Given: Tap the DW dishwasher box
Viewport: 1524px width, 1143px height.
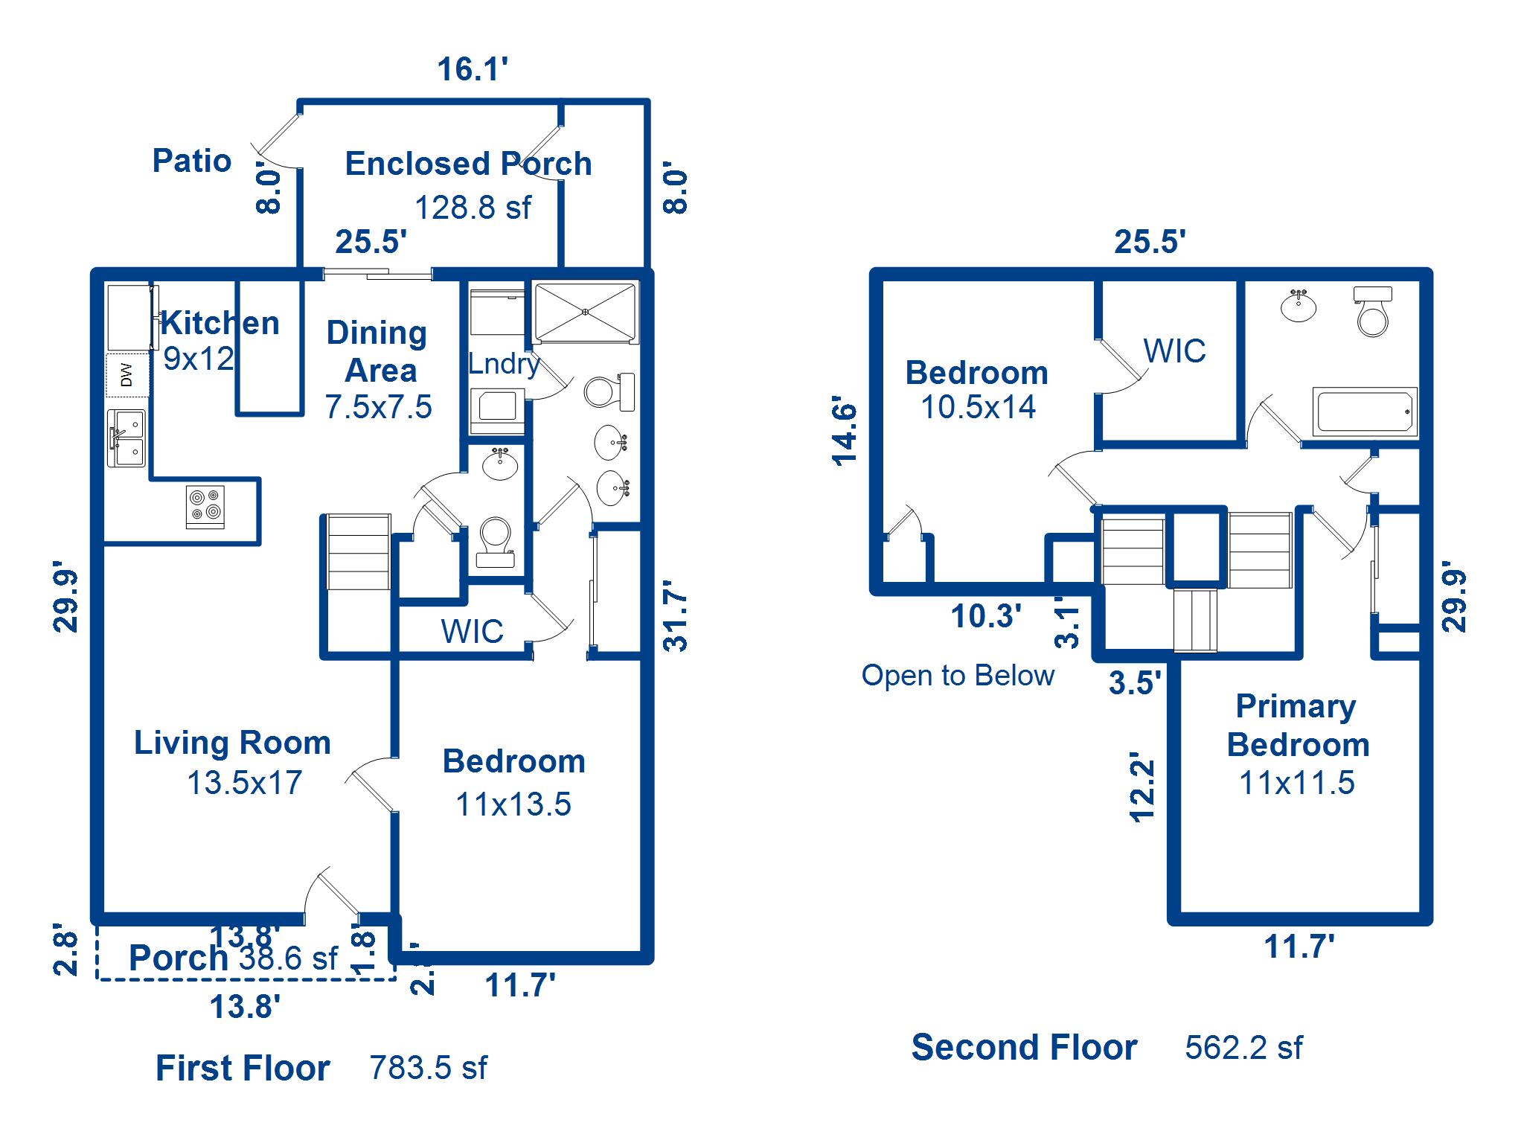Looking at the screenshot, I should [x=127, y=375].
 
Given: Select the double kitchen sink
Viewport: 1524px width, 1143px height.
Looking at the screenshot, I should [x=127, y=438].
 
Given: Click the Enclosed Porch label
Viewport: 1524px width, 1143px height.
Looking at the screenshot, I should [x=468, y=164].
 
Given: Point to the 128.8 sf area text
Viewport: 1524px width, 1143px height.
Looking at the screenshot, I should [x=473, y=208].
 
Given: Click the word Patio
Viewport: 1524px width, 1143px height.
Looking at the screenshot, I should [x=192, y=161].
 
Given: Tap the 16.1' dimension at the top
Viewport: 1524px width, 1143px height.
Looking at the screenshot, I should [x=473, y=69].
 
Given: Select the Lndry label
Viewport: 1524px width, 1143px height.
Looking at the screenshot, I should [x=503, y=364].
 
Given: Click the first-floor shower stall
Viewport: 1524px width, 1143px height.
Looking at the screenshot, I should [x=586, y=312].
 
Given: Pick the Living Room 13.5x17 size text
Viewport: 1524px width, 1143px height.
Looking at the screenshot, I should [x=244, y=783].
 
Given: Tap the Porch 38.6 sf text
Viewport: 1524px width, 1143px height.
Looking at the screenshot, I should [x=233, y=958].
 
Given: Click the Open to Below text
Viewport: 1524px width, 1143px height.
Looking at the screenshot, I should [x=958, y=676].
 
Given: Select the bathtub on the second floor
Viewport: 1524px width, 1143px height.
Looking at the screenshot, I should [x=1364, y=412].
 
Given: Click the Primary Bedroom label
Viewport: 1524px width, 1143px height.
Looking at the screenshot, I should [x=1297, y=726].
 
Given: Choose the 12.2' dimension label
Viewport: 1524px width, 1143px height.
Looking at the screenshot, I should [x=1142, y=787].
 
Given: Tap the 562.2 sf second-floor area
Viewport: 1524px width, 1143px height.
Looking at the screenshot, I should [x=1243, y=1048].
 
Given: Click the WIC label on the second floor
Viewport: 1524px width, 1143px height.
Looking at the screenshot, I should [x=1174, y=351].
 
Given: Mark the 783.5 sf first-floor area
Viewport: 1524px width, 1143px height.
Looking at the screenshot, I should [x=428, y=1068].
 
